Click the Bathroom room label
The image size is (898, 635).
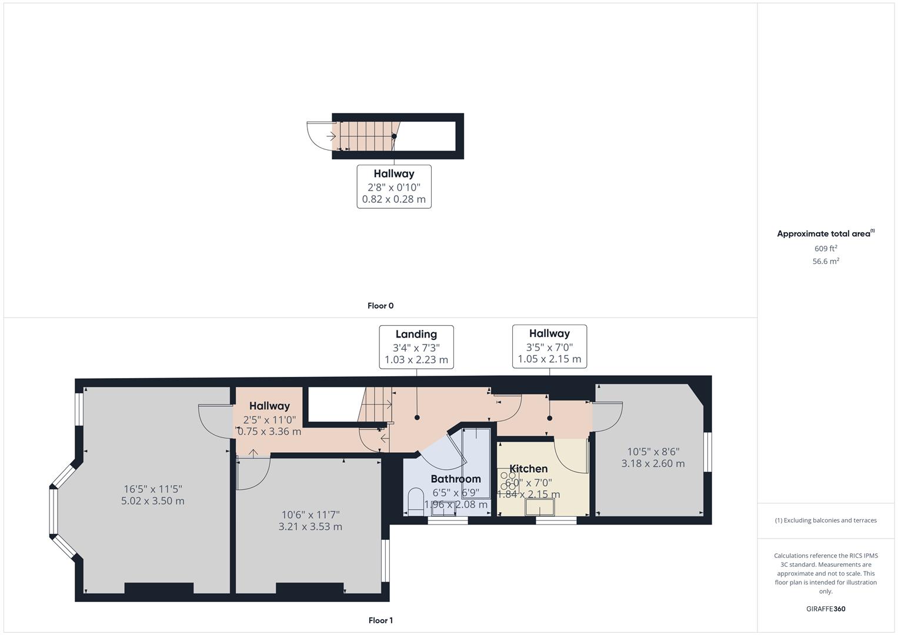456,479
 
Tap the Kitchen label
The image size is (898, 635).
528,469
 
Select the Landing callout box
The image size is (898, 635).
416,347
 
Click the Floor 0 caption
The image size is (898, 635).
380,306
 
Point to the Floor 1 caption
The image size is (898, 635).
380,620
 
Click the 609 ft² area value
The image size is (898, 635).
826,249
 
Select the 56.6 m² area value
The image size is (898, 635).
826,262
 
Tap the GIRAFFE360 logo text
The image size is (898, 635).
826,609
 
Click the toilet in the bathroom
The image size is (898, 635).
416,499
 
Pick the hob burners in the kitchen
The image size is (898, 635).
507,480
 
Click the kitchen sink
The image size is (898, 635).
540,507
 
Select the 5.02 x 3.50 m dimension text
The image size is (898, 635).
153,501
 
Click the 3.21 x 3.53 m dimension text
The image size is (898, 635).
310,527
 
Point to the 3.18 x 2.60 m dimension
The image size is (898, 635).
653,463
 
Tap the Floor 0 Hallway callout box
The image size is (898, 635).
394,186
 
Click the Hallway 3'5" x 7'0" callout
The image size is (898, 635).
549,346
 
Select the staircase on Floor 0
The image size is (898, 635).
365,136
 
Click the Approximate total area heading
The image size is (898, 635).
824,233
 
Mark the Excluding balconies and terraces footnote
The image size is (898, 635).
826,520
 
